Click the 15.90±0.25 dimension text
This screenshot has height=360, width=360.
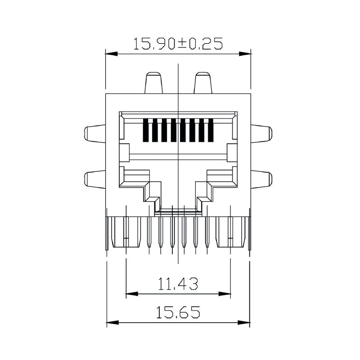point(178,44)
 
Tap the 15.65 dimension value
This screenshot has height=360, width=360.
point(178,312)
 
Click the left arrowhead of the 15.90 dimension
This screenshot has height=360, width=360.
point(112,54)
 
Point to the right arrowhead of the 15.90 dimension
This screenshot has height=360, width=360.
point(245,54)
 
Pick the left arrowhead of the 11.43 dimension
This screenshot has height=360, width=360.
point(132,294)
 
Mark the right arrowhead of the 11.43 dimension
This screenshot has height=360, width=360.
point(225,294)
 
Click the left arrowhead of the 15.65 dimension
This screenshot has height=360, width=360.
point(113,322)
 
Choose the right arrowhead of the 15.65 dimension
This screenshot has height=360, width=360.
point(243,322)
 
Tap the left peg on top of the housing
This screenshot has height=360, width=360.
point(153,83)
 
